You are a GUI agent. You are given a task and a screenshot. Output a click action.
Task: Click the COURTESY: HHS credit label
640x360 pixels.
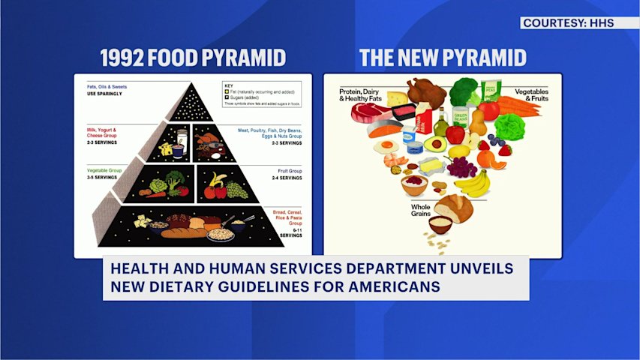568,23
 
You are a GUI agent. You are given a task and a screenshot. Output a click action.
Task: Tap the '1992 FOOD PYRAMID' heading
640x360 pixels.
193,58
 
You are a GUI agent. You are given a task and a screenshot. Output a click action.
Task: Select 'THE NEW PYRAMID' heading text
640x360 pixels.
443,58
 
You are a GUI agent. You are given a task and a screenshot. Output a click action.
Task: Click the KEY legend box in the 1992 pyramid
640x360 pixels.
262,94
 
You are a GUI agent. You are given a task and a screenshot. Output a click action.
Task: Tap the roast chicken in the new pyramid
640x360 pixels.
426,92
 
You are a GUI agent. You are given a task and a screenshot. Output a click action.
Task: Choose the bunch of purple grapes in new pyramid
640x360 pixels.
461,166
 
